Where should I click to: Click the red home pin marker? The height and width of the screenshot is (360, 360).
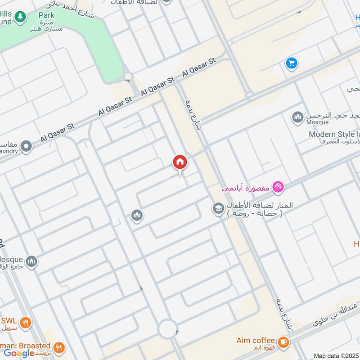point(180,162)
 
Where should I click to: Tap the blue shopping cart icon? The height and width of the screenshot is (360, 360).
point(292,63)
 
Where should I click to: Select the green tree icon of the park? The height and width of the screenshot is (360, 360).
point(19,17)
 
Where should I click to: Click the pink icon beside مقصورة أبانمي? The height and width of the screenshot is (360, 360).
point(278,187)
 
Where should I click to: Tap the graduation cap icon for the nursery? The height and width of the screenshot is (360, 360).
point(218,209)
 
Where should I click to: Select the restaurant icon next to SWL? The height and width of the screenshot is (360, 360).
point(26,323)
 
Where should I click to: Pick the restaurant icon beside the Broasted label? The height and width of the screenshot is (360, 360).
point(59,347)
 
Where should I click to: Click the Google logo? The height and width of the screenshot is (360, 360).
point(19,353)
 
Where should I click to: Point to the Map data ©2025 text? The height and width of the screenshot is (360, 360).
point(336,355)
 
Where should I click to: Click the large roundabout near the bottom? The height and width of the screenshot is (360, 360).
point(168,328)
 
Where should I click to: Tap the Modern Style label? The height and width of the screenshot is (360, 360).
point(333,134)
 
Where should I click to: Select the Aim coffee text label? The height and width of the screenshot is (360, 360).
point(255,340)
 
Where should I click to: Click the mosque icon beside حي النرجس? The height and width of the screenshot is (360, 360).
point(297,118)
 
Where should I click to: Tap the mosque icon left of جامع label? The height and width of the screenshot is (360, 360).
point(31,261)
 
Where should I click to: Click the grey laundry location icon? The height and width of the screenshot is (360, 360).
point(27,146)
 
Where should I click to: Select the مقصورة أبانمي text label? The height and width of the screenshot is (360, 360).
point(245,189)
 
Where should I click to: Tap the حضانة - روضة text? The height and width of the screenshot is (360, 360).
point(255,214)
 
